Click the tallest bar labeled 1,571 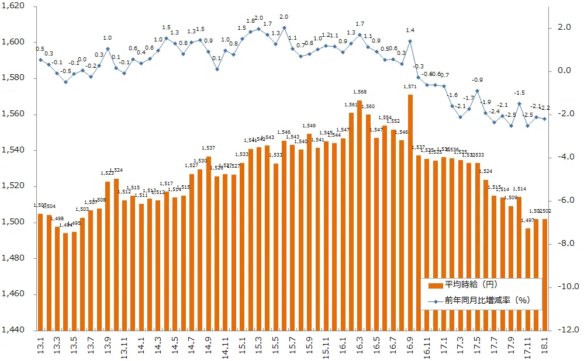[410, 210]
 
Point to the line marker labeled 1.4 [410, 41]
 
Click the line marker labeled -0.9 [478, 91]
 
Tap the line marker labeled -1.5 [519, 104]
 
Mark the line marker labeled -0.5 [65, 82]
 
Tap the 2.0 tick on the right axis [563, 27]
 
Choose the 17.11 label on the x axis [528, 348]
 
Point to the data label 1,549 [309, 126]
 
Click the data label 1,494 [65, 225]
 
